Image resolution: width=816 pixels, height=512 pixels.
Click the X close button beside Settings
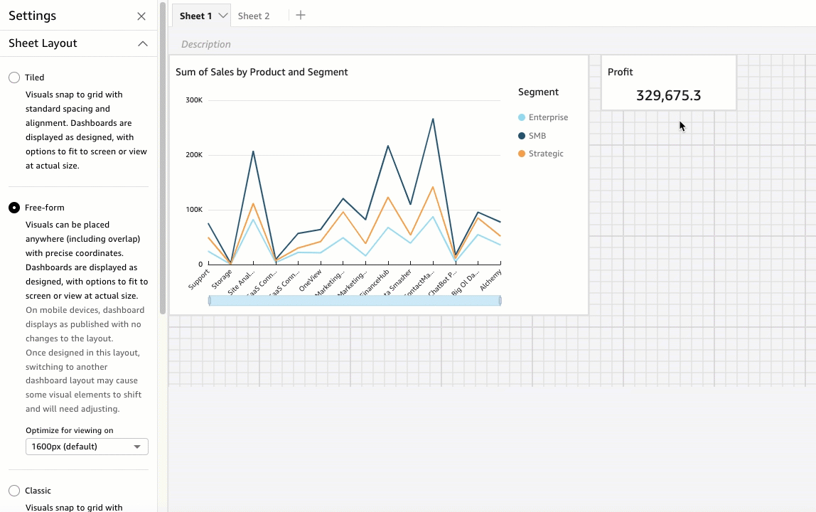tap(141, 16)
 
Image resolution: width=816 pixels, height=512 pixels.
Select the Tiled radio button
tap(14, 78)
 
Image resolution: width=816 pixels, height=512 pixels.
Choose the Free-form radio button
tap(14, 208)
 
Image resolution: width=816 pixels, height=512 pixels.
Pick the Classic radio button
tap(14, 491)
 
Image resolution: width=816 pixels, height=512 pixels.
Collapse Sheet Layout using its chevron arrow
tap(143, 43)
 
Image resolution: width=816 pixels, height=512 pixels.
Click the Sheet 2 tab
tap(254, 16)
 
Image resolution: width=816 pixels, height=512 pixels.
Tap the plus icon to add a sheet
tap(301, 15)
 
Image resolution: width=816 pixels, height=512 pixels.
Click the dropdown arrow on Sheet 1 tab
tap(223, 16)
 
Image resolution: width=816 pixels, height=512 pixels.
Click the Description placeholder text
tap(206, 44)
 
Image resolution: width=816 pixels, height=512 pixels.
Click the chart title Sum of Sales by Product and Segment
tap(262, 72)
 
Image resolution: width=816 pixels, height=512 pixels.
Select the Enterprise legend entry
tap(547, 117)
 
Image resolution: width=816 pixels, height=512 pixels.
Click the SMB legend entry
tap(537, 136)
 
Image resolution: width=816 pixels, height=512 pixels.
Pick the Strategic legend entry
tap(545, 154)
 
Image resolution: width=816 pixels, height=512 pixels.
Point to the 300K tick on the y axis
tap(194, 100)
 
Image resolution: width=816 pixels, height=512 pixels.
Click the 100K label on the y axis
tap(194, 210)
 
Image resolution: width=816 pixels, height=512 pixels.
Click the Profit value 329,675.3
tap(668, 95)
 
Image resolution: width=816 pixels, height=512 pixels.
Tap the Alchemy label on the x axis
tap(491, 278)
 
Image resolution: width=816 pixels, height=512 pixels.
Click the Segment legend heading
tap(538, 92)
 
